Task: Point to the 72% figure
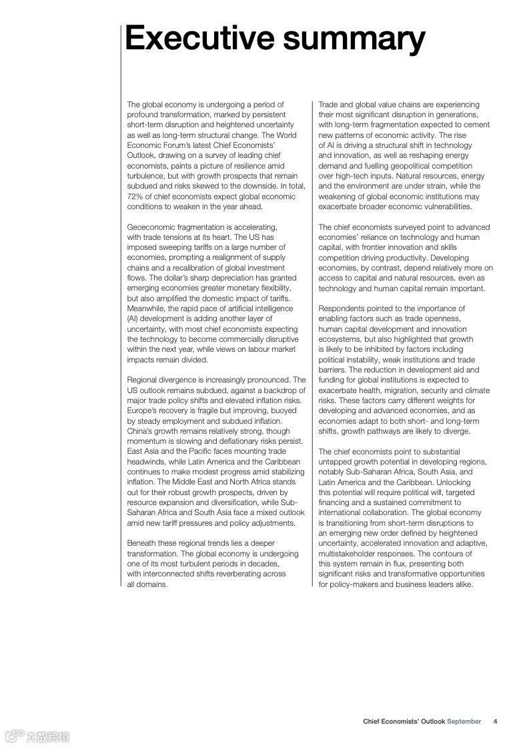[135, 197]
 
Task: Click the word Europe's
[143, 410]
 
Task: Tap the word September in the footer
[464, 721]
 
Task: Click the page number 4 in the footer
[495, 721]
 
